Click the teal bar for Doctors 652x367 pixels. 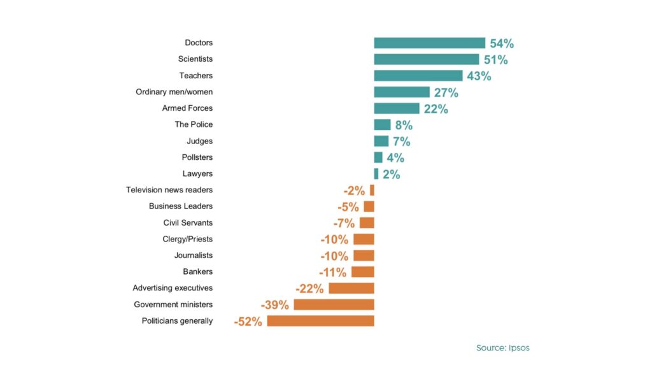point(430,43)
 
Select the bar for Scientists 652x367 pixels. point(427,59)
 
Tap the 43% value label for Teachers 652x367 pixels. point(479,76)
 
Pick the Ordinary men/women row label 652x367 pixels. point(174,92)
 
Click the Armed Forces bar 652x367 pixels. point(397,108)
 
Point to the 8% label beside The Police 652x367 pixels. point(404,125)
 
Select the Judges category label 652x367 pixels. point(200,141)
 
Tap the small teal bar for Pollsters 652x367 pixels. point(378,157)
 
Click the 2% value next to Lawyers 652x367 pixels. point(392,174)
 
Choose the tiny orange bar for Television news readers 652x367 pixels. point(372,190)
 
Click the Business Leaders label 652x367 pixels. point(181,206)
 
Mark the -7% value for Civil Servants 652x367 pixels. point(344,223)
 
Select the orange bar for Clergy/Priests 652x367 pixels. point(364,239)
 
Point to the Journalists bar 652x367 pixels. point(364,255)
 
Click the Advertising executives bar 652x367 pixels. point(351,288)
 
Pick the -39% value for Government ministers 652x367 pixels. point(275,305)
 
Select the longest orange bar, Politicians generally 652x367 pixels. point(321,320)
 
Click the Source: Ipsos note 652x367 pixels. point(503,348)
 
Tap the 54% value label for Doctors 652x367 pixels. point(502,43)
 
